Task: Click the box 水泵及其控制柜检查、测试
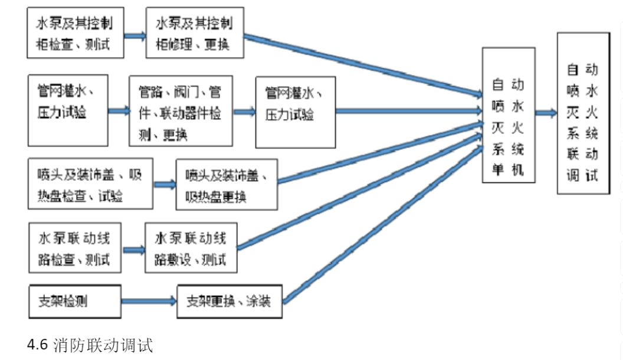(x=76, y=34)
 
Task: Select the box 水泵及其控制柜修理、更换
(x=195, y=34)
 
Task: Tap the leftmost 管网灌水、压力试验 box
(x=68, y=110)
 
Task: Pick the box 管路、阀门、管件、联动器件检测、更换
(x=179, y=111)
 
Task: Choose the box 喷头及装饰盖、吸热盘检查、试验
(x=90, y=184)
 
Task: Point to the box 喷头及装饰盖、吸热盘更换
(x=227, y=184)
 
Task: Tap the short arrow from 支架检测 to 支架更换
(x=149, y=302)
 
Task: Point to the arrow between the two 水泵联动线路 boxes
(x=133, y=248)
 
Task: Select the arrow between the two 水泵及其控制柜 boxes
(x=135, y=35)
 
